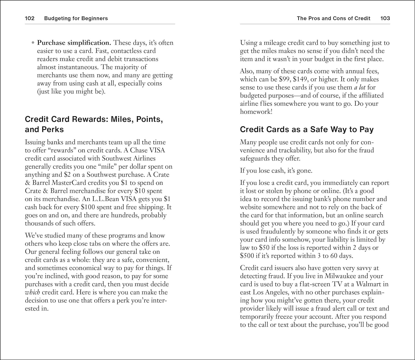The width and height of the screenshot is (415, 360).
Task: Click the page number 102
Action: point(30,19)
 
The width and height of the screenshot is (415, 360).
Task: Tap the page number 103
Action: point(385,19)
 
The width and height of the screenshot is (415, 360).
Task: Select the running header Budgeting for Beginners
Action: point(76,19)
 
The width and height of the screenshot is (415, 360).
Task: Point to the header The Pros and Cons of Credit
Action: point(333,19)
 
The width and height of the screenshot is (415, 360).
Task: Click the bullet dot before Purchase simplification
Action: point(33,43)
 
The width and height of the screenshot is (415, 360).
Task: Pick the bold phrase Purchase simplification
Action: point(74,43)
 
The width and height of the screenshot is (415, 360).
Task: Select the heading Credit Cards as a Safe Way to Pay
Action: point(307,129)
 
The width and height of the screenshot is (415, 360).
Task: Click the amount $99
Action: point(285,79)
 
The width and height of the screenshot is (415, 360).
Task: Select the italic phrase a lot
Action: point(360,87)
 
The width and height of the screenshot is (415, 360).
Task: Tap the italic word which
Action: point(32,292)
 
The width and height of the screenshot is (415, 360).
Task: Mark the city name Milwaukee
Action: point(341,276)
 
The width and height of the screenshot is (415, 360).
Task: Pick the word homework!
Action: point(256,112)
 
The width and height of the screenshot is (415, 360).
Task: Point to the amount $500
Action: point(247,256)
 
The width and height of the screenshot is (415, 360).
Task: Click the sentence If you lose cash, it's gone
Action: point(276,171)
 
